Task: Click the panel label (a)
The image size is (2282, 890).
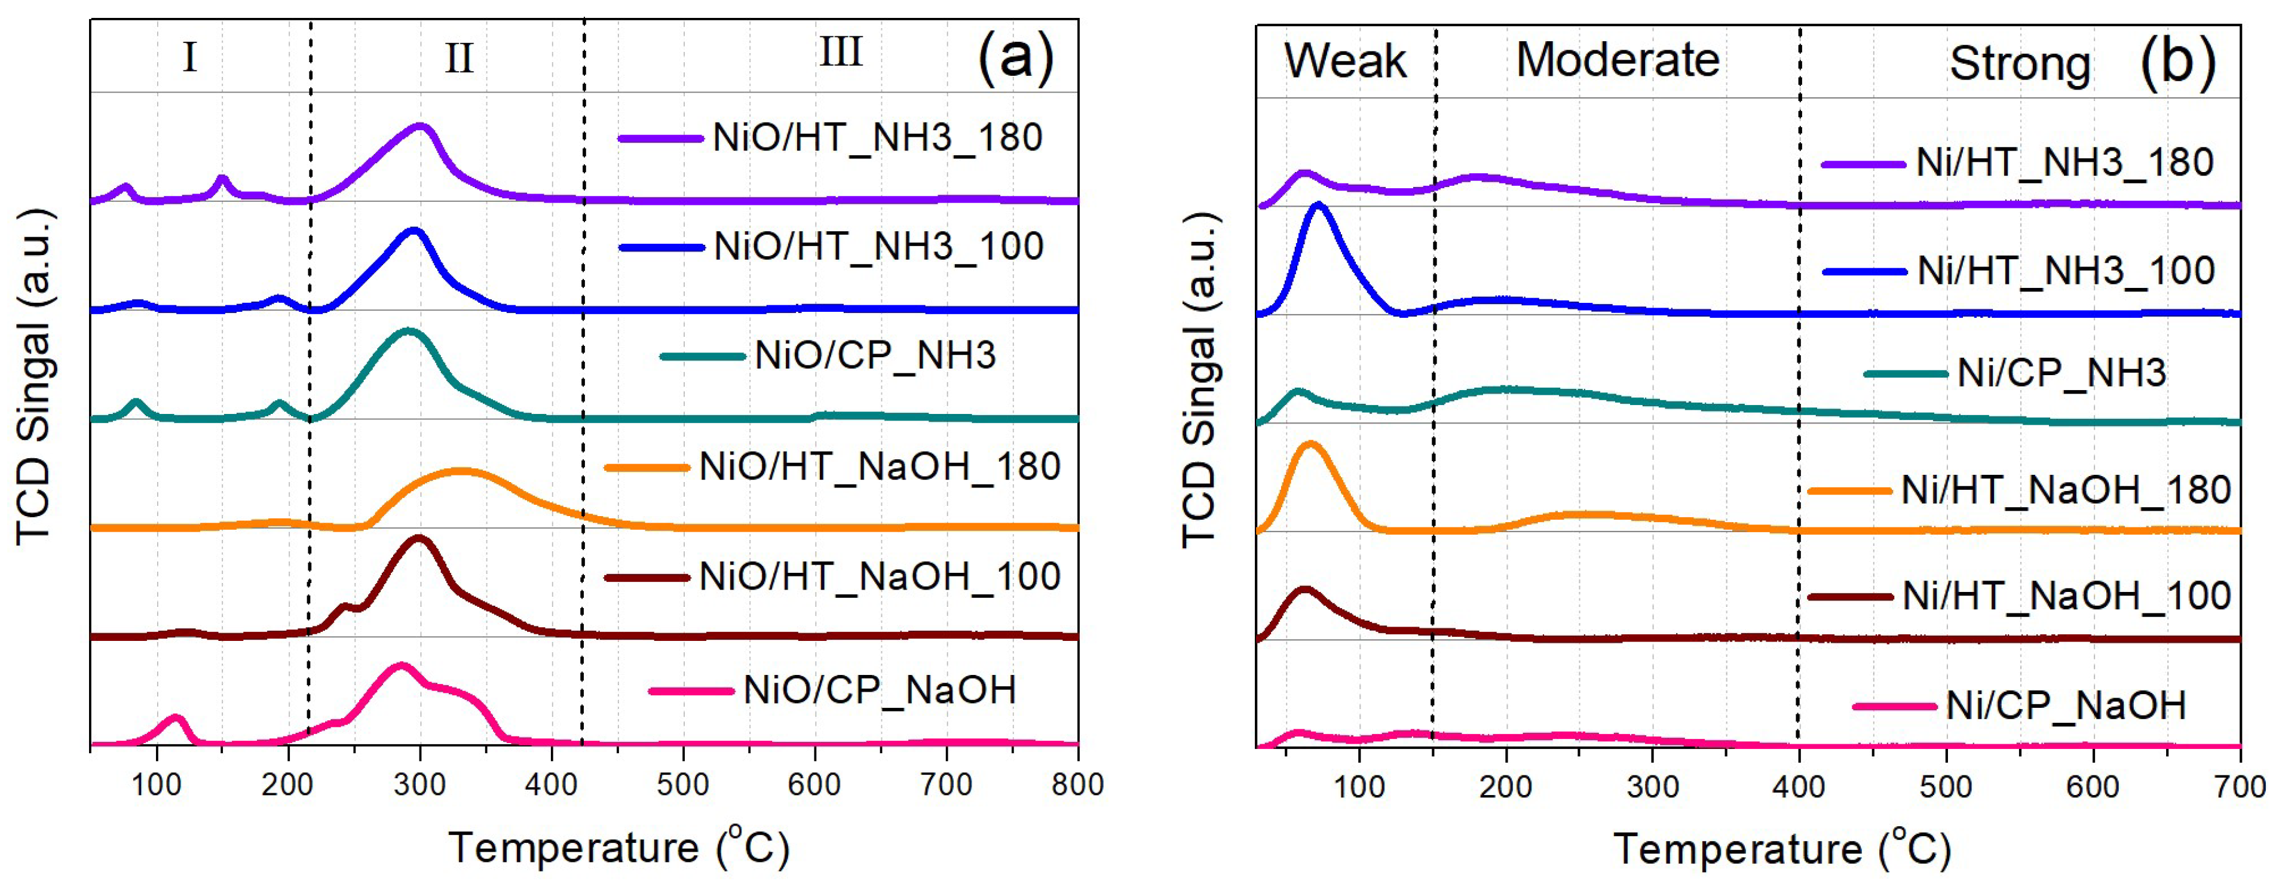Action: click(1015, 59)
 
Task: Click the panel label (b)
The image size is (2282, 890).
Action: click(2177, 63)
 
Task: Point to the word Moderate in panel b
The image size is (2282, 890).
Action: click(1618, 60)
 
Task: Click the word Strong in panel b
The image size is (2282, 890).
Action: click(2020, 64)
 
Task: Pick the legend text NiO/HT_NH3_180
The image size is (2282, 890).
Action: click(877, 138)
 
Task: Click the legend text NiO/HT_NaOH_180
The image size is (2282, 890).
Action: click(880, 467)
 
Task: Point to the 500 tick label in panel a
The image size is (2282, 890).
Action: click(682, 785)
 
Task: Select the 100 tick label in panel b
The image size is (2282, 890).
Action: click(1359, 787)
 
